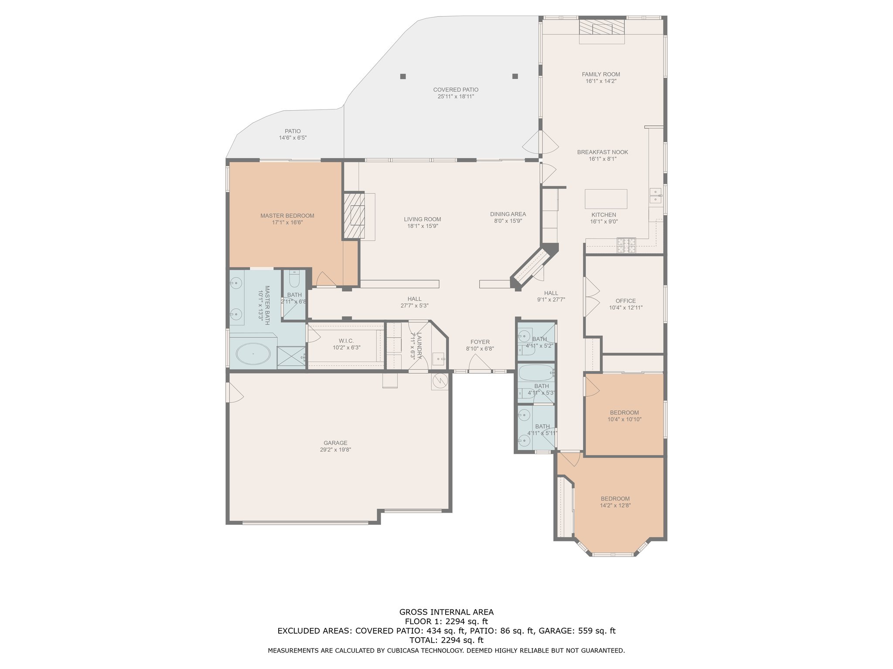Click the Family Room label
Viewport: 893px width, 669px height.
[600, 74]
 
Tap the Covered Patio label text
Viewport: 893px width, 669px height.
[456, 90]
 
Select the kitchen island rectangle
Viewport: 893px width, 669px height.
[606, 199]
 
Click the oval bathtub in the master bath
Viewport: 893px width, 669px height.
[253, 354]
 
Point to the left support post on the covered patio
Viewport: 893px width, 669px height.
[403, 76]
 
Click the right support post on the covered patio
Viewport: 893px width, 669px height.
[515, 76]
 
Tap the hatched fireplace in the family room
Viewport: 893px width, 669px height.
[602, 27]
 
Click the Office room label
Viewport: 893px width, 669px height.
[626, 301]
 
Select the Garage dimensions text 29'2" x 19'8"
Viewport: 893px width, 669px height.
[335, 450]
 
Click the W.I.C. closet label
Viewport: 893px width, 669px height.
[346, 341]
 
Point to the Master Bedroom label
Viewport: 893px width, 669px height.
[287, 216]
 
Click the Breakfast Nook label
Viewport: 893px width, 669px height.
[603, 152]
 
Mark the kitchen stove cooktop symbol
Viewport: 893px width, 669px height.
[626, 246]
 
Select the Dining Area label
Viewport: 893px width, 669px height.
[508, 214]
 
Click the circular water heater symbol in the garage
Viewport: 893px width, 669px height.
[440, 381]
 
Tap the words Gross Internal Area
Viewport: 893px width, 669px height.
[446, 612]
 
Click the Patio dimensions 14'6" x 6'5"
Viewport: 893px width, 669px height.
[293, 138]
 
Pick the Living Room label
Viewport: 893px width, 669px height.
[422, 220]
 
